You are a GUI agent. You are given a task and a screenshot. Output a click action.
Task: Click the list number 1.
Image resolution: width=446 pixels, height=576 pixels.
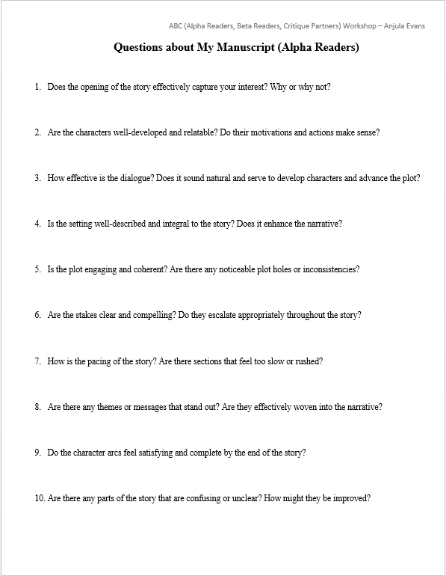pyautogui.click(x=37, y=87)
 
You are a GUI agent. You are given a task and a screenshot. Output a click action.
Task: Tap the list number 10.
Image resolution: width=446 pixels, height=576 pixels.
pyautogui.click(x=39, y=498)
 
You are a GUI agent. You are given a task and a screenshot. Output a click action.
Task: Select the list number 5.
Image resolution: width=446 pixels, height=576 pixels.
pyautogui.click(x=37, y=269)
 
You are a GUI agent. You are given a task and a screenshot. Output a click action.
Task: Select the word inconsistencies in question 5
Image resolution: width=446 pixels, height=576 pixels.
pyautogui.click(x=326, y=269)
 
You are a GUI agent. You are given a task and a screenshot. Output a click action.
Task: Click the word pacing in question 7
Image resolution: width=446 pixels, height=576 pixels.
pyautogui.click(x=94, y=361)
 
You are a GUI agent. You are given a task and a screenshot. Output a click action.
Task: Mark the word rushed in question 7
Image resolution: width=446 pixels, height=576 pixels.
pyautogui.click(x=306, y=361)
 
